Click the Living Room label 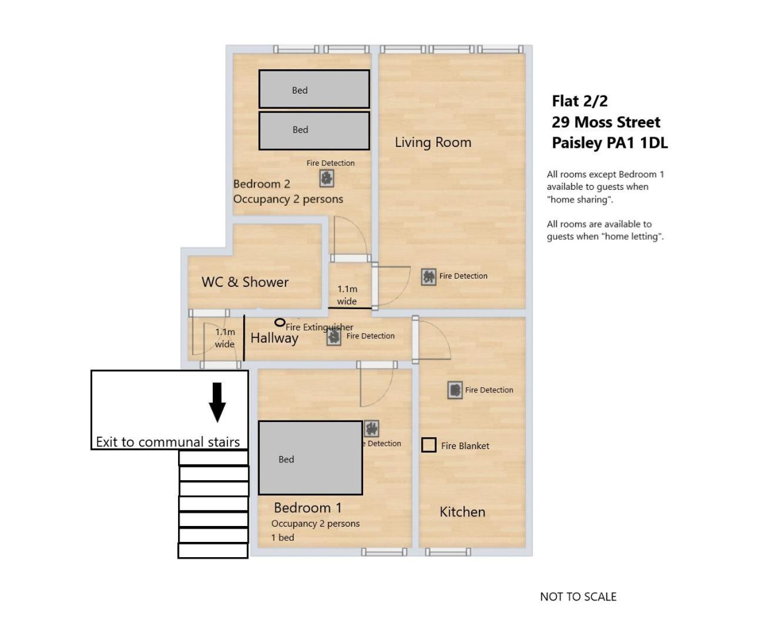click(x=432, y=142)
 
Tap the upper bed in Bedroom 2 click(x=314, y=89)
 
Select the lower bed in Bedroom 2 click(x=314, y=130)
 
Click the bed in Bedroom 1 click(x=310, y=458)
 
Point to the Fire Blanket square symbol click(x=428, y=445)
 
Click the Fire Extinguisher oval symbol click(x=280, y=322)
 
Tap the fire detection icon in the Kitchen click(x=455, y=390)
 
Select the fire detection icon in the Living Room click(x=428, y=276)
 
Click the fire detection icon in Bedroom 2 click(x=327, y=177)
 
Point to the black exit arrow click(x=217, y=402)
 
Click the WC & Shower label click(x=245, y=282)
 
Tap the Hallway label click(x=274, y=338)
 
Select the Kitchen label click(x=462, y=512)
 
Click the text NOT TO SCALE click(x=578, y=597)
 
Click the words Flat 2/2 click(x=579, y=101)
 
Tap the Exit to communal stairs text click(x=167, y=442)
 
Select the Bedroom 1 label click(x=307, y=508)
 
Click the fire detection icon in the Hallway click(x=334, y=337)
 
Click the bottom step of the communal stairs click(x=213, y=551)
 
